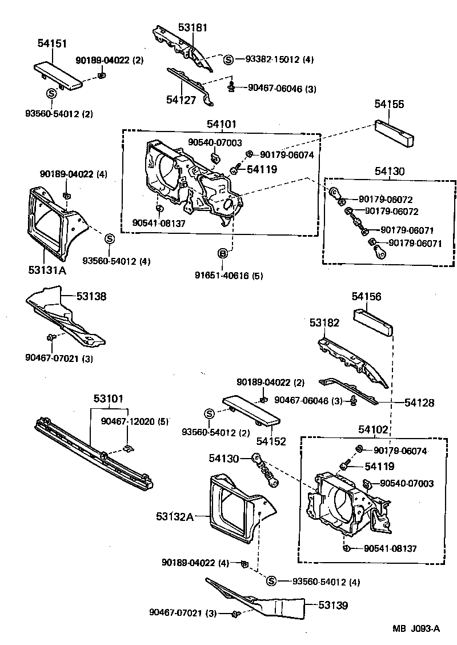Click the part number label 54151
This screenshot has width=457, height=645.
click(52, 43)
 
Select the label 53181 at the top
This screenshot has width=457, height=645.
click(193, 27)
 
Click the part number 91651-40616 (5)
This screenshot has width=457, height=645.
click(228, 276)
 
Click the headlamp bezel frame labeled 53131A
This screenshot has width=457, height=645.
click(54, 223)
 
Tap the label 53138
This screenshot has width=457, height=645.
click(92, 297)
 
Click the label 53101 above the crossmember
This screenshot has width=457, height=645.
click(109, 398)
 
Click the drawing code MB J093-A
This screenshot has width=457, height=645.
click(416, 629)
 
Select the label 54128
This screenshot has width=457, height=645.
click(419, 403)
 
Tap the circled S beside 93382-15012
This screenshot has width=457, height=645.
click(228, 59)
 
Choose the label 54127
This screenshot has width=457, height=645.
click(182, 99)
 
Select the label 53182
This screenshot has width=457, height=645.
click(324, 323)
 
